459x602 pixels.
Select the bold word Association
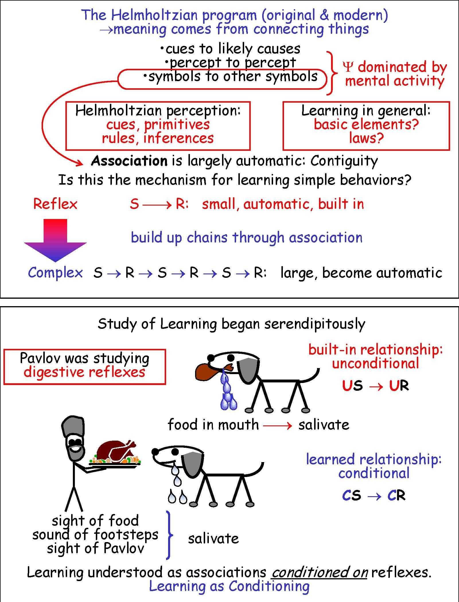129,161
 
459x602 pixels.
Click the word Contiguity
344,161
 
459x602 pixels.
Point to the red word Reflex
55,204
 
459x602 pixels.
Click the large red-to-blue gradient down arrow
55,239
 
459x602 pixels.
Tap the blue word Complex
55,272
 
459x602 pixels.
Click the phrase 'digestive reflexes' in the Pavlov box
84,372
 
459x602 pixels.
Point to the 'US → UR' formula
375,386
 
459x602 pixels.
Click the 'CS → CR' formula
374,495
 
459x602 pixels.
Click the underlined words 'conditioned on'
320,572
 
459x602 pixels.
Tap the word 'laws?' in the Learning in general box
366,138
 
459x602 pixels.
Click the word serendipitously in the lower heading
315,324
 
